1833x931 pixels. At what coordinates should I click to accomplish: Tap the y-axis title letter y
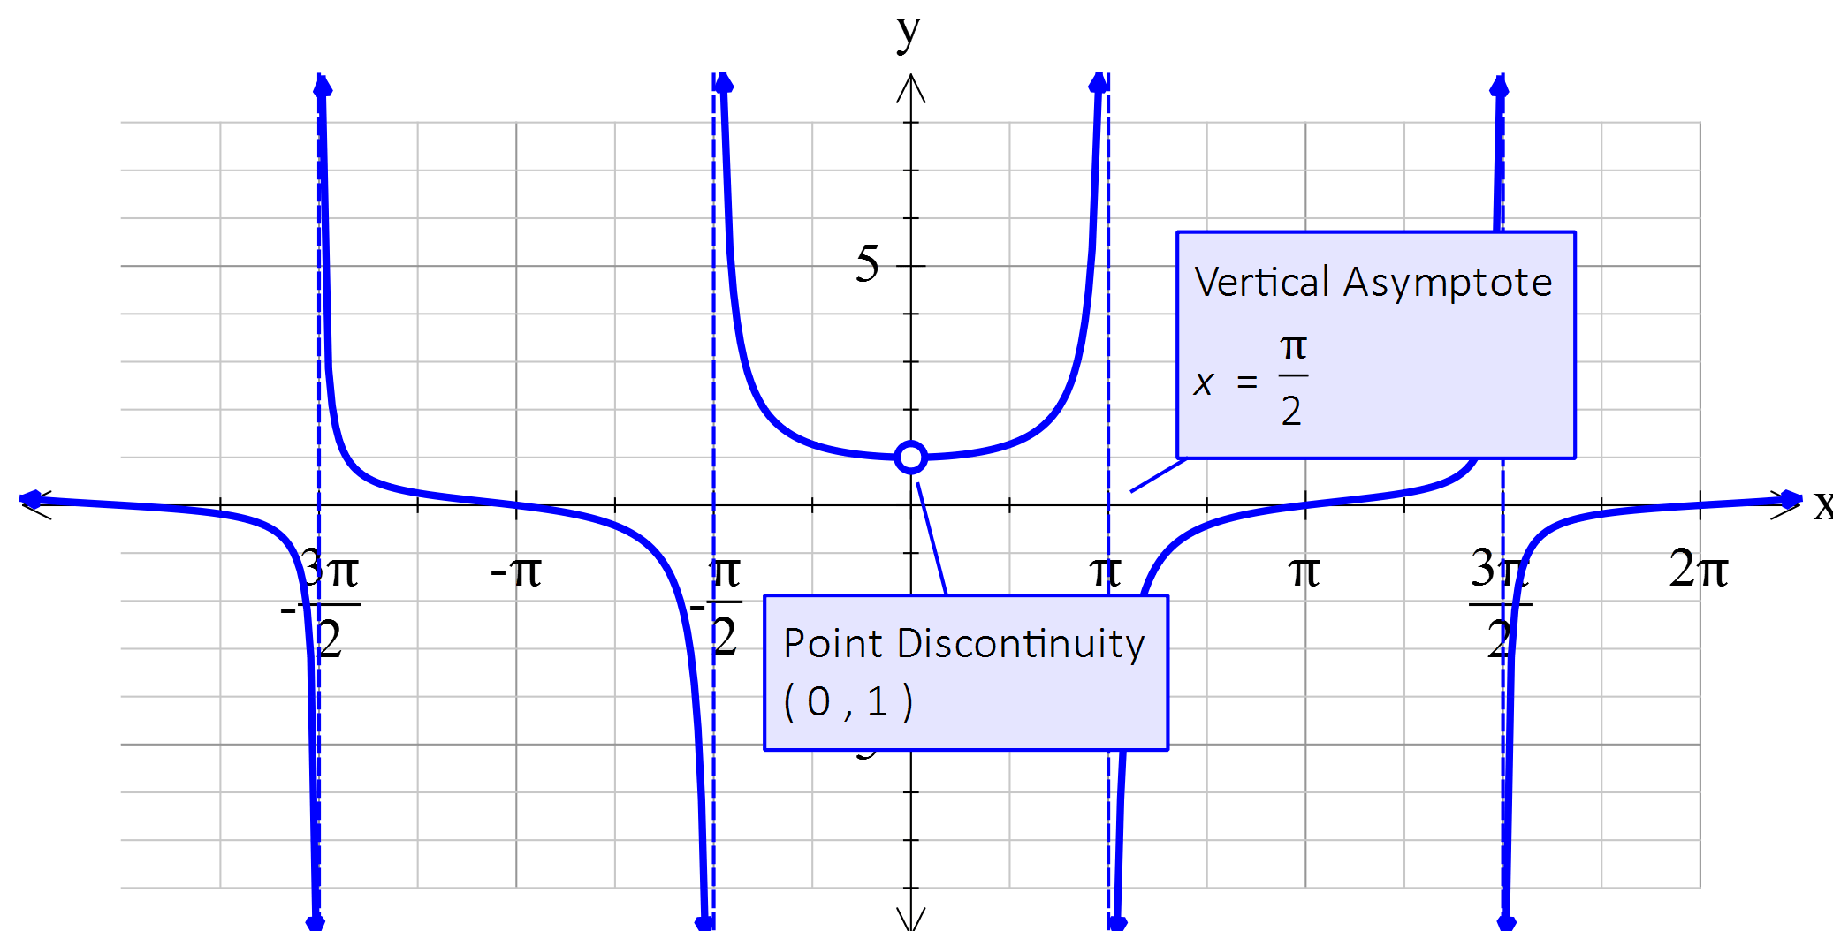pos(909,34)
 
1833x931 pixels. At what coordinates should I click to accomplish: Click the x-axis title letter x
pos(1822,505)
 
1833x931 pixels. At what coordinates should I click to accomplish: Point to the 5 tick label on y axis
pos(867,264)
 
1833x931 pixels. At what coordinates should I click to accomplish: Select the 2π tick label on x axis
pos(1698,569)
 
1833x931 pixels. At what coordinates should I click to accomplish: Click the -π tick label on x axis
pos(515,572)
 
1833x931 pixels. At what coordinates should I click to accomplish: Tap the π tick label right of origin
pos(1304,572)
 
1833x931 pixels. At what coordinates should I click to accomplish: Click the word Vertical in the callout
pos(1261,283)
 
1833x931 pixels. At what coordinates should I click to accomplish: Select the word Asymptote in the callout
pos(1448,283)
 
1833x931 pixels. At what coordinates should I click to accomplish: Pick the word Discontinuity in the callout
pos(1020,643)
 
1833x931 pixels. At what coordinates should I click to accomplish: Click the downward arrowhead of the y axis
pos(911,919)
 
